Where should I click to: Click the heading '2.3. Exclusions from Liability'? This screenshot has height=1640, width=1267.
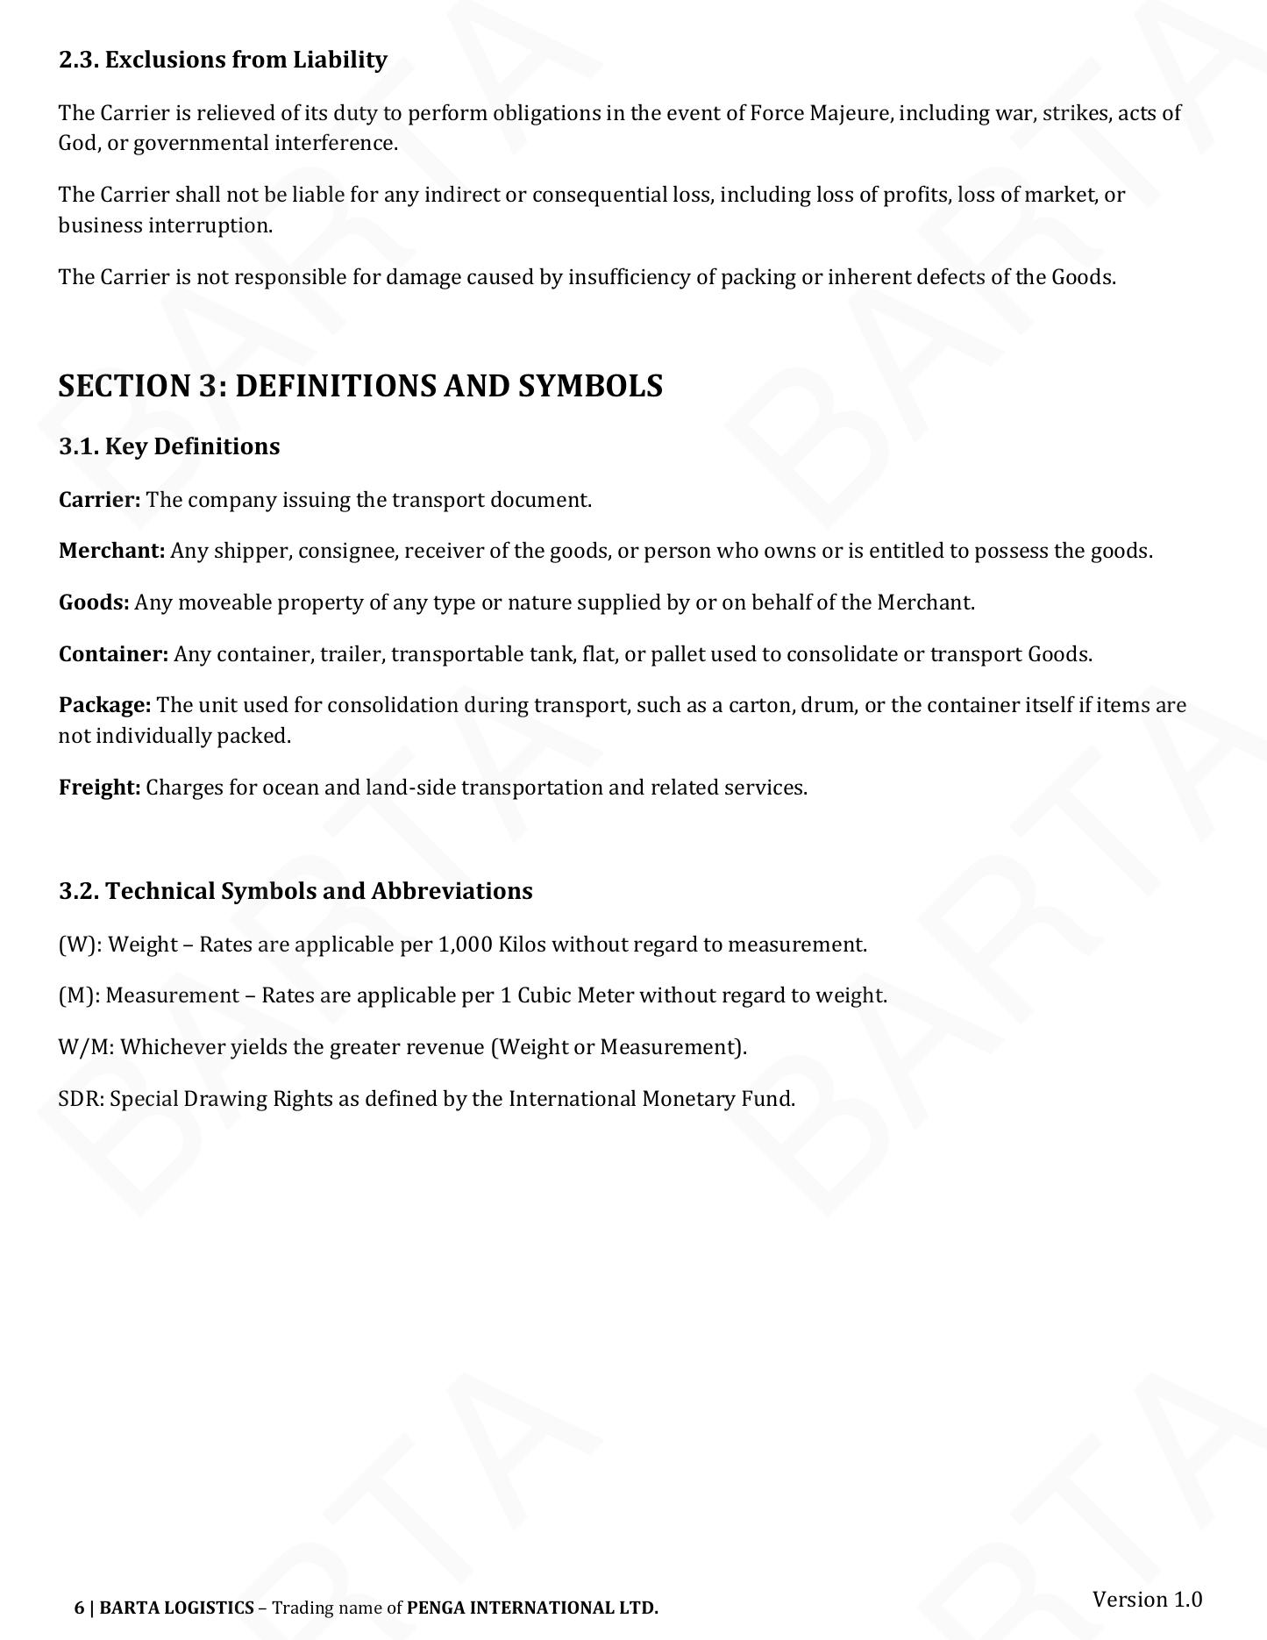pos(223,60)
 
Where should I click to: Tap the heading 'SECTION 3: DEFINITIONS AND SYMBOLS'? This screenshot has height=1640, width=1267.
pos(360,386)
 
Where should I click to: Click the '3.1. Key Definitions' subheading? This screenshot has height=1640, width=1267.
pos(169,446)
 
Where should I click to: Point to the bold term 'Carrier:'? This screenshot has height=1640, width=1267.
pos(99,500)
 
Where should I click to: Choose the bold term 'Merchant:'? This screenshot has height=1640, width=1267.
pos(111,551)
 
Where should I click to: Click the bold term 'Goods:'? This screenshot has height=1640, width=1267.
pos(94,603)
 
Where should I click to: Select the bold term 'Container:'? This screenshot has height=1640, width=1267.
pos(113,654)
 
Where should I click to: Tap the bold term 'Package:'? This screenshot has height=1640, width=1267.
pos(104,705)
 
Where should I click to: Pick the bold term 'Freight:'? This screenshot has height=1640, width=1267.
pos(99,788)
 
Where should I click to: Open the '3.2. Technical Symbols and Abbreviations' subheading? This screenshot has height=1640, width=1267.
pos(295,891)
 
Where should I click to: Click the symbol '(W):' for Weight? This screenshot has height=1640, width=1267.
pos(80,945)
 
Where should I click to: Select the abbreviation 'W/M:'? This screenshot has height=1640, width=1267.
pos(86,1047)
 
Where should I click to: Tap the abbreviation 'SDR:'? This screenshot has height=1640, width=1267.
pos(82,1099)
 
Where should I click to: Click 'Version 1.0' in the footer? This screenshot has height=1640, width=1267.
pos(1147,1599)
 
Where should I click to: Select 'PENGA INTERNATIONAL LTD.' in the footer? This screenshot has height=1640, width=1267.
pos(532,1608)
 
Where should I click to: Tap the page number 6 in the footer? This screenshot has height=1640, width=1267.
pos(79,1608)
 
